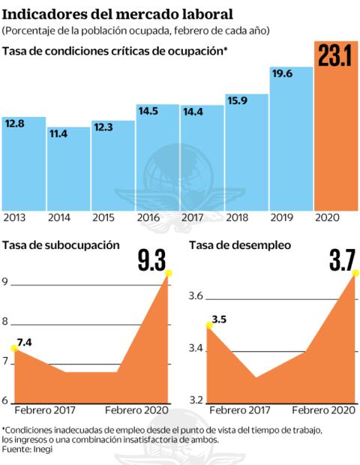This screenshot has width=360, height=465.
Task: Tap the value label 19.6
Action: coord(282,73)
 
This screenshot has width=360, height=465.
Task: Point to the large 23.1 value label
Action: coord(334,58)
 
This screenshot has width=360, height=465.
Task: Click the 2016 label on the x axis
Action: coord(148,217)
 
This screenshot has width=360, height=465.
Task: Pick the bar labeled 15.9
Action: coord(246,154)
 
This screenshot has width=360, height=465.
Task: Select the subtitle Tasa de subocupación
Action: coord(61,244)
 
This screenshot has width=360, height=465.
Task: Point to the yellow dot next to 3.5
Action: coord(208,324)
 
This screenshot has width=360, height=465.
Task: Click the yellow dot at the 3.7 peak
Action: coord(354,276)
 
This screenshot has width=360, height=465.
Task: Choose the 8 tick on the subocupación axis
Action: coord(6,322)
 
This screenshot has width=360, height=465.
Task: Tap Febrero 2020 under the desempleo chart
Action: coord(323,411)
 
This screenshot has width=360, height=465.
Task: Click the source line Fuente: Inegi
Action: coord(22,448)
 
